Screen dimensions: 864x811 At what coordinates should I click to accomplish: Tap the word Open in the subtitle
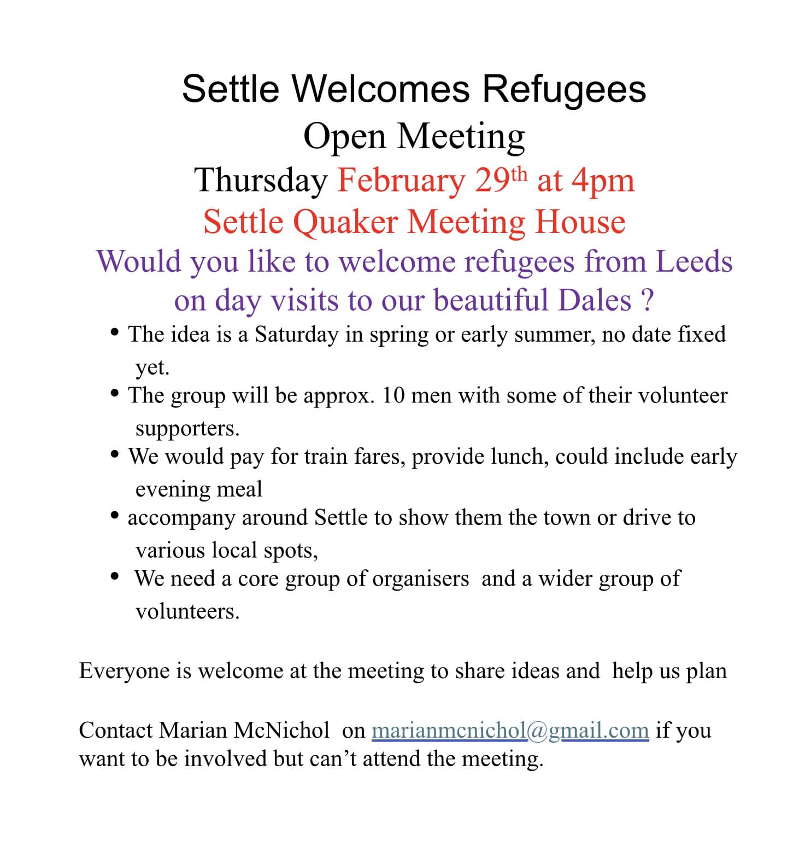(344, 136)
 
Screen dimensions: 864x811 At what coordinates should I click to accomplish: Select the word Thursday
(261, 180)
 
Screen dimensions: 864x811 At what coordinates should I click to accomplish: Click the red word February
(401, 180)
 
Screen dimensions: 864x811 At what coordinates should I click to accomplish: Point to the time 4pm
(603, 180)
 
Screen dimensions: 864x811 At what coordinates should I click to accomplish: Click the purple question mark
(647, 300)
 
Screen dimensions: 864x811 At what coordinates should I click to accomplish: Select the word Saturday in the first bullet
(296, 335)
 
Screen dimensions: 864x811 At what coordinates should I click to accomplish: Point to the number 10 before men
(393, 395)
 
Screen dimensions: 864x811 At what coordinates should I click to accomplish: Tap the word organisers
(420, 579)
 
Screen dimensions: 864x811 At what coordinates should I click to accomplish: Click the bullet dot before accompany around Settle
(114, 515)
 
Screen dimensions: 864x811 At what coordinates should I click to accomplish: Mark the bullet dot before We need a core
(114, 576)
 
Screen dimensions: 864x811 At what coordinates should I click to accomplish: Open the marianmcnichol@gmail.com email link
(510, 731)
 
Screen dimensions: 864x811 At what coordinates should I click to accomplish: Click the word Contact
(115, 731)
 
